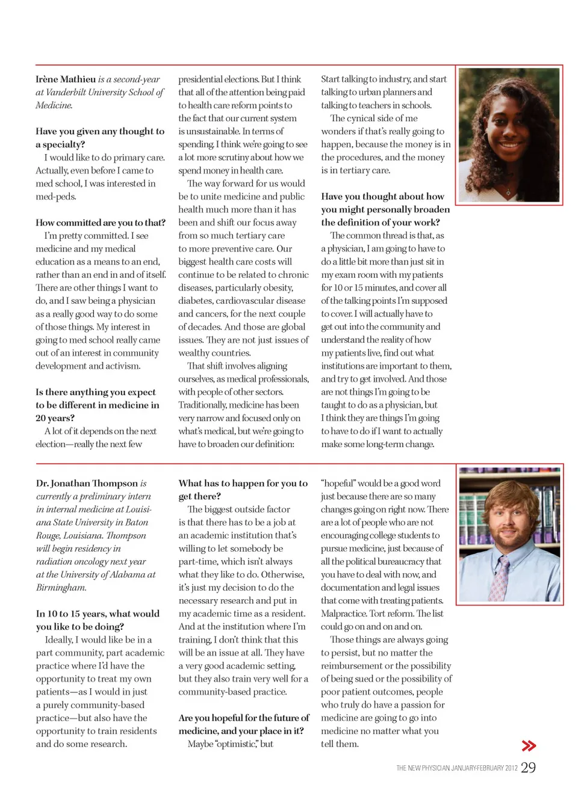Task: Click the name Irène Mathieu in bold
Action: [x=66, y=79]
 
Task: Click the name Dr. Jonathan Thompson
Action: [x=87, y=483]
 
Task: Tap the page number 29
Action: [x=528, y=768]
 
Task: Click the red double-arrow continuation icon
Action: [x=529, y=746]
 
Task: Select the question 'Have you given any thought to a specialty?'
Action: [x=99, y=138]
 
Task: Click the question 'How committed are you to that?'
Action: [x=100, y=223]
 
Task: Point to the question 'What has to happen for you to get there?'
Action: [x=243, y=490]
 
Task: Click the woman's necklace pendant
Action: [x=509, y=194]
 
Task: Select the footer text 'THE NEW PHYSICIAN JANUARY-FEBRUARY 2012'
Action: [x=456, y=768]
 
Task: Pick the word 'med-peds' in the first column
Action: [x=55, y=197]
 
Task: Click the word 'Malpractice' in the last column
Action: [x=345, y=614]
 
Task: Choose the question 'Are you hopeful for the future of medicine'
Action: [x=243, y=724]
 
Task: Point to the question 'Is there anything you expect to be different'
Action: [x=97, y=405]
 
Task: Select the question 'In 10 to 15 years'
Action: [x=98, y=620]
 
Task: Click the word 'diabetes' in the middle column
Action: [x=196, y=301]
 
